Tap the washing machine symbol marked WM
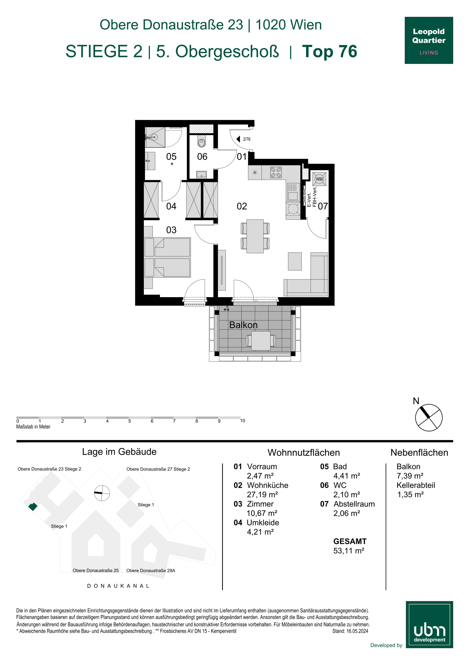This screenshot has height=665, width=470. tap(319, 179)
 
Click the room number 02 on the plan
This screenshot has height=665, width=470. tap(242, 206)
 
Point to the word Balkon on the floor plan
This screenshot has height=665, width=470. tap(243, 325)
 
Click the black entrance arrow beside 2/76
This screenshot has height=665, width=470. tap(238, 139)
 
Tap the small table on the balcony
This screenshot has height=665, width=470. tap(261, 341)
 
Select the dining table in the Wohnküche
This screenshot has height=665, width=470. tap(255, 236)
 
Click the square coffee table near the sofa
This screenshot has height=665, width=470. tap(295, 261)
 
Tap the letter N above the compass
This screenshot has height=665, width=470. tap(416, 401)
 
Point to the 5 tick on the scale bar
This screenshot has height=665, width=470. tap(129, 421)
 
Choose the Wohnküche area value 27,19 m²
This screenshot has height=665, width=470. tap(262, 494)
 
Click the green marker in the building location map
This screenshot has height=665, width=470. tap(33, 507)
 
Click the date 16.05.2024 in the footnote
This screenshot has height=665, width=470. tap(357, 631)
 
